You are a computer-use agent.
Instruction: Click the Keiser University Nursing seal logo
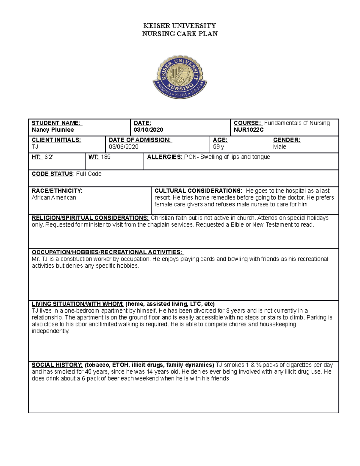pos(180,77)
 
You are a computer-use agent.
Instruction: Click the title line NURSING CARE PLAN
pos(180,34)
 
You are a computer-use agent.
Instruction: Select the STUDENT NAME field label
pos(57,123)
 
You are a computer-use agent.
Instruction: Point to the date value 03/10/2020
pos(148,130)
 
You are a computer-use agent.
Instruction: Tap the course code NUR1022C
pos(249,130)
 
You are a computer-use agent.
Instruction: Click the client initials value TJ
pos(35,147)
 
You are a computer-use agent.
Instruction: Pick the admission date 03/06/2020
pos(124,147)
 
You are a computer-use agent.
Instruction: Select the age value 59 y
pos(218,147)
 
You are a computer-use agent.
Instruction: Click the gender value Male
pos(280,147)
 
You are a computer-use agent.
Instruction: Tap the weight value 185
pos(106,157)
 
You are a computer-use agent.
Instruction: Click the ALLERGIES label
pos(165,157)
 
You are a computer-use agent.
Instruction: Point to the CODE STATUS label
pos(52,174)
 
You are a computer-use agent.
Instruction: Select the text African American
pos(54,198)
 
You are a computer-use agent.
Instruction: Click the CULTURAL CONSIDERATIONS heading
pos(198,191)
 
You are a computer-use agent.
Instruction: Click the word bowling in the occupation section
pos(238,259)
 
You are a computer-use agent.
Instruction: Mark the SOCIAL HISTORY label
pos(57,365)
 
